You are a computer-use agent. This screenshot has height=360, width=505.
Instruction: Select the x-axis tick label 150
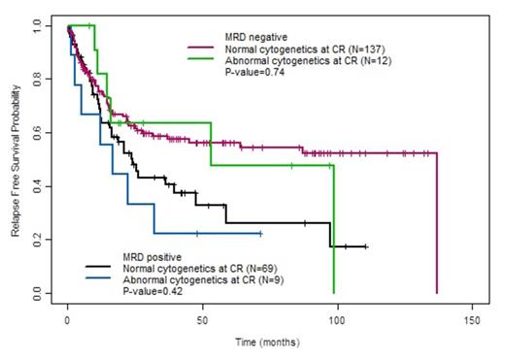click(x=472, y=319)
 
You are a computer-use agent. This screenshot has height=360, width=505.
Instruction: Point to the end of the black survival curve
click(x=366, y=246)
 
